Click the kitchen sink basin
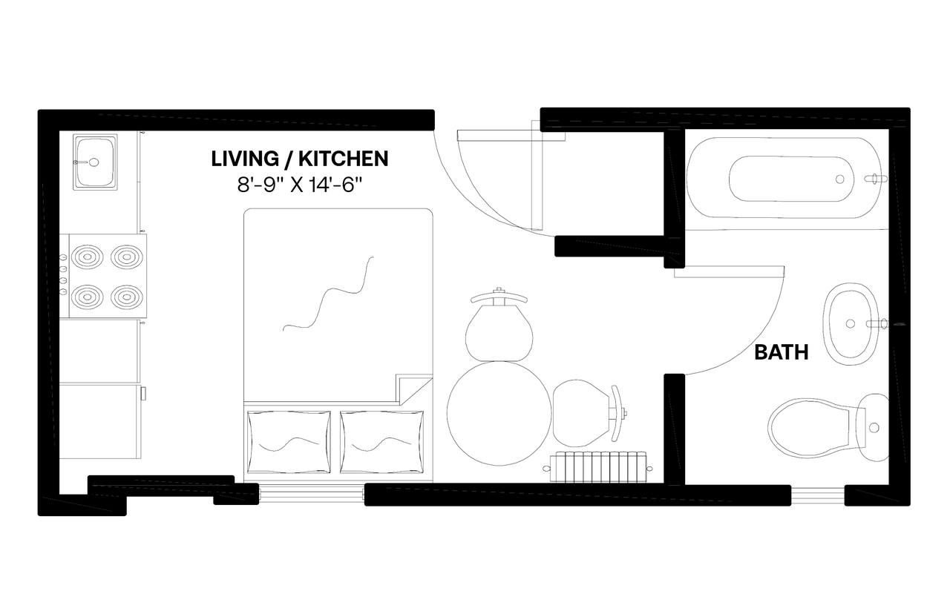pos(95,162)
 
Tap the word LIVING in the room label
pos(245,159)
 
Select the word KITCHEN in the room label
pos(344,159)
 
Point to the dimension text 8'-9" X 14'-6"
pos(300,185)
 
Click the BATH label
pos(782,352)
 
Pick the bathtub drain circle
pos(839,179)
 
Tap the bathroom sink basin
pos(851,324)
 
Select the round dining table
pos(499,413)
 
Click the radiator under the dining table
pos(598,466)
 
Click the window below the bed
pos(312,494)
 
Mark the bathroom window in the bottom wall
pos(818,495)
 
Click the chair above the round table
pos(499,326)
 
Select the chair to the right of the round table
pos(589,413)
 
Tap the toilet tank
pos(872,428)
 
